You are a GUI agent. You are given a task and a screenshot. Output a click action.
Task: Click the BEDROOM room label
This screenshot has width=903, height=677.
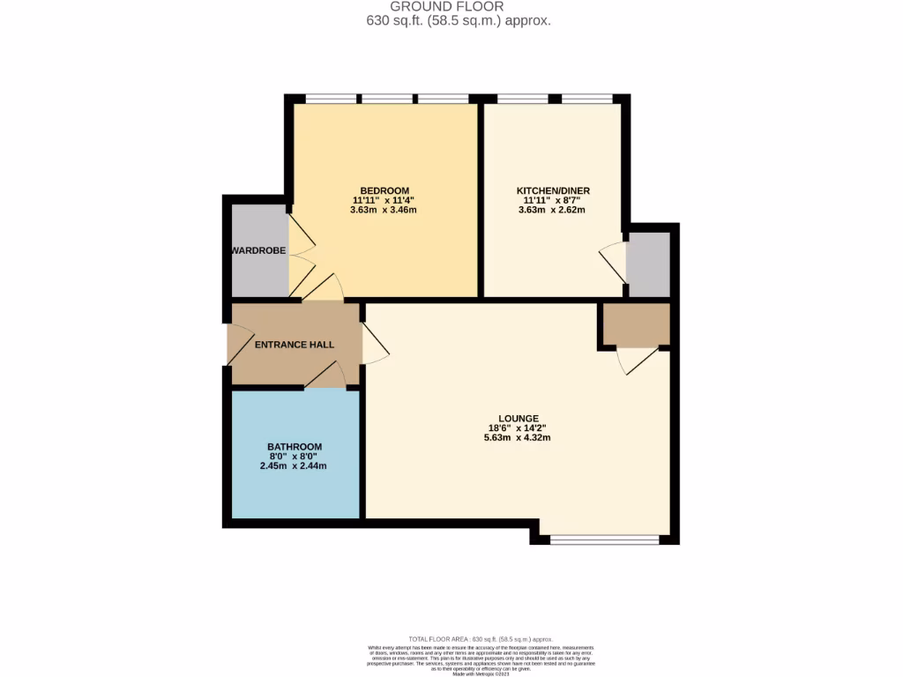[384, 191]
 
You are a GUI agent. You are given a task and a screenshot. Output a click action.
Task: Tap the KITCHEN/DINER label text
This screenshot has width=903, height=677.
[553, 191]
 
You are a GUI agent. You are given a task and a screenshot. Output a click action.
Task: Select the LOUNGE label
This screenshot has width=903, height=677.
[518, 418]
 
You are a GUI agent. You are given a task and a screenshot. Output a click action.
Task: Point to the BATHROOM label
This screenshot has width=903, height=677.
[295, 447]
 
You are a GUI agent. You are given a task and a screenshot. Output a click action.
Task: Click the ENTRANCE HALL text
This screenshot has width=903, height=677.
[295, 345]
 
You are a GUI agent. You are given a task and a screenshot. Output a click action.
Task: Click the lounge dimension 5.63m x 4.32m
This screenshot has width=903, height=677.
[518, 437]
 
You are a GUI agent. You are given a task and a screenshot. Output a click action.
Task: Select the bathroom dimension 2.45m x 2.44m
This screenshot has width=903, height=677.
[295, 465]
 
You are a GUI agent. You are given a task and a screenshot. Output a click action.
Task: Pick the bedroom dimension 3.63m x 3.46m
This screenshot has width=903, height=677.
[384, 210]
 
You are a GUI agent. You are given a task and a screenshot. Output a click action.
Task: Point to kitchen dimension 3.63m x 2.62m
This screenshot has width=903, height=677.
[553, 210]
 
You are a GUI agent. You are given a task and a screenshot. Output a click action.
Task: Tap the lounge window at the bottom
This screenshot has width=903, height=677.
[604, 539]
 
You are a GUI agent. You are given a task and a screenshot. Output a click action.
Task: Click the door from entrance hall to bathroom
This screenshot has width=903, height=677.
[327, 376]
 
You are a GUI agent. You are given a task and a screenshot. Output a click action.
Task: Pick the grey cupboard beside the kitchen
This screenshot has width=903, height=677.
[648, 264]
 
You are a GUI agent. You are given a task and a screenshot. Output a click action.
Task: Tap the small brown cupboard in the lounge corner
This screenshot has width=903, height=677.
[635, 324]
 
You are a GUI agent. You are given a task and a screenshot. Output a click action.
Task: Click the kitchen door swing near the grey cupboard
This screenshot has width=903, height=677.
[613, 261]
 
